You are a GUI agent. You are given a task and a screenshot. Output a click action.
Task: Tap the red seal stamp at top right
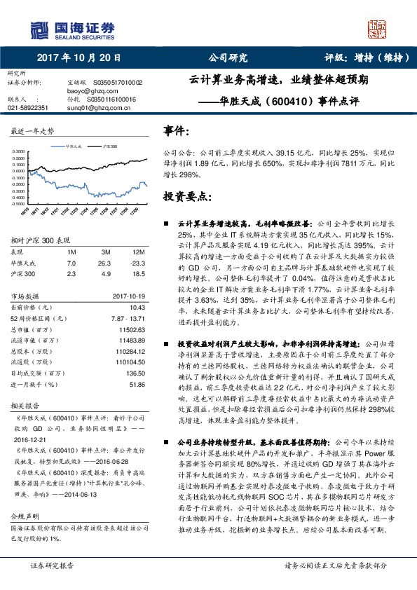(x=378, y=29)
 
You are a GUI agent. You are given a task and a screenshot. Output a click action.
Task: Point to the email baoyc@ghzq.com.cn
(x=89, y=91)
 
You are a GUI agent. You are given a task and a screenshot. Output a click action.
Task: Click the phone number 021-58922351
(x=28, y=108)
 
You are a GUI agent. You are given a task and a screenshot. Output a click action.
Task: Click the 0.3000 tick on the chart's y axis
(x=19, y=151)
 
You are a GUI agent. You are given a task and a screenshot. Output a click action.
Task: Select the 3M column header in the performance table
(x=107, y=251)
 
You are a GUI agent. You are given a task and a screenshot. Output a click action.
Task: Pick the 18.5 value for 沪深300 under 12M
(x=137, y=274)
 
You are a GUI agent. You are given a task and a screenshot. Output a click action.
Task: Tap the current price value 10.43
(x=137, y=306)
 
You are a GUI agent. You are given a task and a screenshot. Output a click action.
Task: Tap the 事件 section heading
(x=176, y=130)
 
